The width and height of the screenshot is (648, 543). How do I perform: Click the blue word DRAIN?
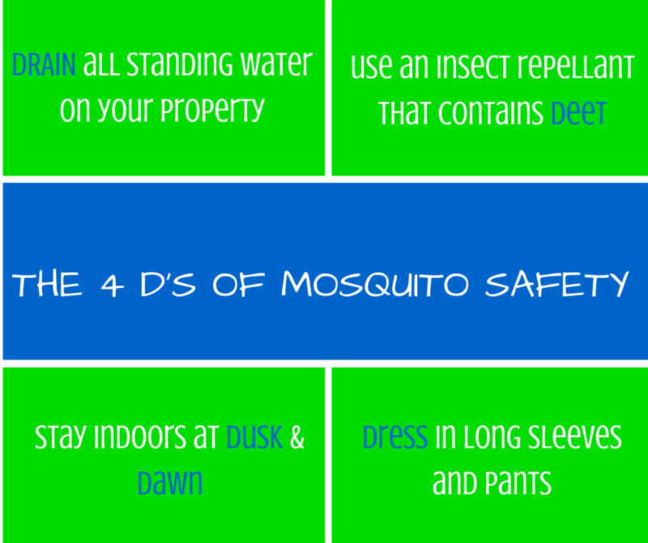pyautogui.click(x=44, y=65)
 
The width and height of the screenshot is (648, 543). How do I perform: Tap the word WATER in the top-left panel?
pyautogui.click(x=276, y=64)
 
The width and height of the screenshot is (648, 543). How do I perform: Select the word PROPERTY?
pyautogui.click(x=212, y=110)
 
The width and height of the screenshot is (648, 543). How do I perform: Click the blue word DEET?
pyautogui.click(x=578, y=112)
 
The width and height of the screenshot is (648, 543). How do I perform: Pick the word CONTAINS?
pyautogui.click(x=491, y=112)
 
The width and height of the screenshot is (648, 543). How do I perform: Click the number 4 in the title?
pyautogui.click(x=112, y=285)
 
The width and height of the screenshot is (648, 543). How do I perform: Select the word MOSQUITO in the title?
pyautogui.click(x=375, y=284)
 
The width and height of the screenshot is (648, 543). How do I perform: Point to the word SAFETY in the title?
pyautogui.click(x=556, y=284)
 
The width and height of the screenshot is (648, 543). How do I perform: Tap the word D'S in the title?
pyautogui.click(x=168, y=284)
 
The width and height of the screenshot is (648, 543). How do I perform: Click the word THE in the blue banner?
pyautogui.click(x=47, y=285)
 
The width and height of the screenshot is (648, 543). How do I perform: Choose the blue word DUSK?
pyautogui.click(x=254, y=437)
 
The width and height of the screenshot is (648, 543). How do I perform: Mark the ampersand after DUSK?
pyautogui.click(x=297, y=437)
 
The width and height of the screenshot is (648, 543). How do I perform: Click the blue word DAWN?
pyautogui.click(x=170, y=482)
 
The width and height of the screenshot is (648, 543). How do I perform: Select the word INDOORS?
pyautogui.click(x=140, y=437)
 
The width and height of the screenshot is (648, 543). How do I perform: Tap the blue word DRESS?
pyautogui.click(x=395, y=436)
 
